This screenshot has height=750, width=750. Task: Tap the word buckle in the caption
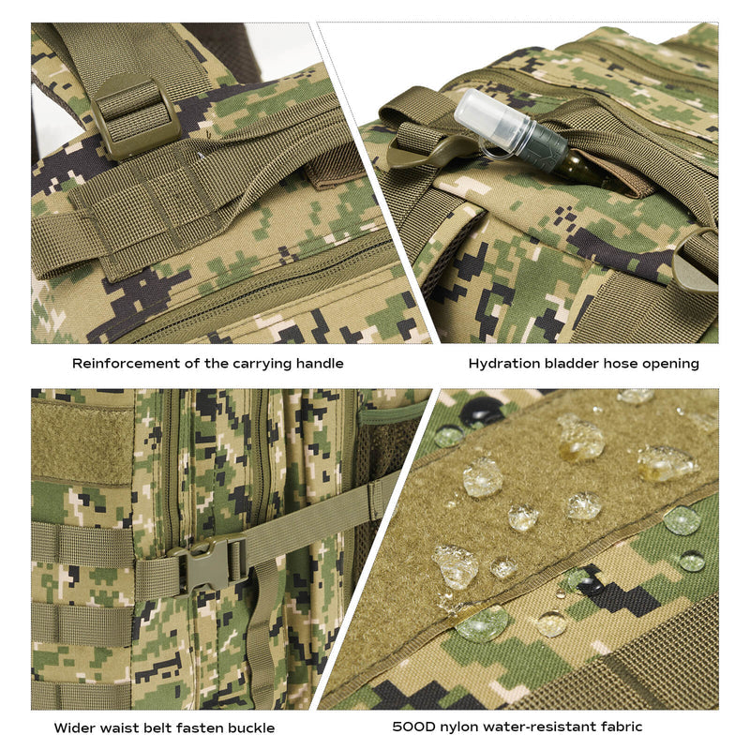coord(251,728)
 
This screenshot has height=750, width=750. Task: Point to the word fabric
coord(622,727)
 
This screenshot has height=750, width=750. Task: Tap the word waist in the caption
coord(115,728)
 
